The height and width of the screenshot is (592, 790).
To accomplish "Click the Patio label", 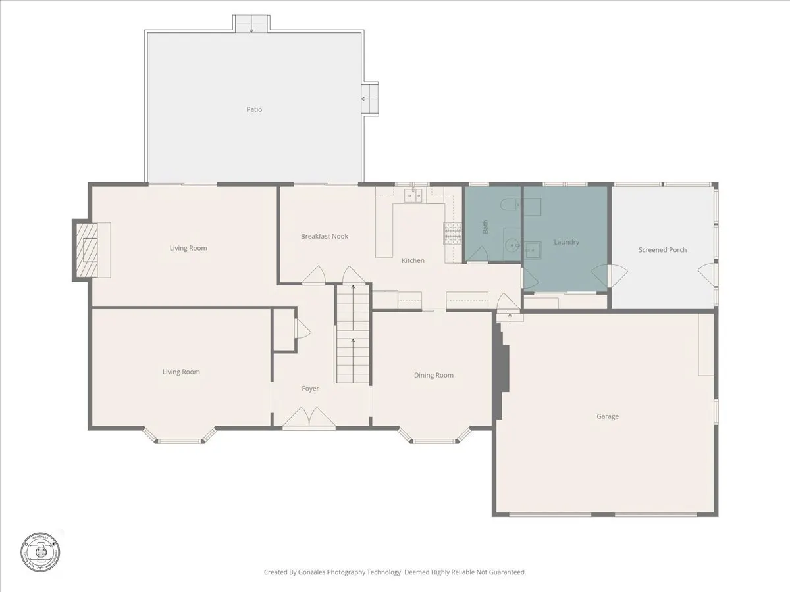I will pyautogui.click(x=254, y=109).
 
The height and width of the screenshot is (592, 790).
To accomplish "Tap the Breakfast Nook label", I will pyautogui.click(x=325, y=236).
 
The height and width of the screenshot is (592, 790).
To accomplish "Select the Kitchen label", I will pyautogui.click(x=413, y=261).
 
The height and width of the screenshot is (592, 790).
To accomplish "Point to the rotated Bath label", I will pyautogui.click(x=486, y=227).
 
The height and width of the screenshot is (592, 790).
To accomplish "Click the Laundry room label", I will pyautogui.click(x=566, y=242).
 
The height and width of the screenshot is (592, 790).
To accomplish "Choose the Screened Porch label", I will pyautogui.click(x=662, y=250).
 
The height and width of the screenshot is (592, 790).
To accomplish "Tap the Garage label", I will pyautogui.click(x=608, y=416).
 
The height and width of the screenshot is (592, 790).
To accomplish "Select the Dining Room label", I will pyautogui.click(x=433, y=375).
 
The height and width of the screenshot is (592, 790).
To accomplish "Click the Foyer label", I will pyautogui.click(x=310, y=389).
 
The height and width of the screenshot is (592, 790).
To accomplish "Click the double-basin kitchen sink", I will pyautogui.click(x=413, y=195).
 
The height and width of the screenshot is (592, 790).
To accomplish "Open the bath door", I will pyautogui.click(x=478, y=255).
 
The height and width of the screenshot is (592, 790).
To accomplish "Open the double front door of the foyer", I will pyautogui.click(x=309, y=418).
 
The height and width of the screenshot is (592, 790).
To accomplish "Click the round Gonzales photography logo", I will pyautogui.click(x=39, y=550).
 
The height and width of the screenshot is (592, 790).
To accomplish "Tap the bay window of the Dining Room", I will pyautogui.click(x=434, y=437).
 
